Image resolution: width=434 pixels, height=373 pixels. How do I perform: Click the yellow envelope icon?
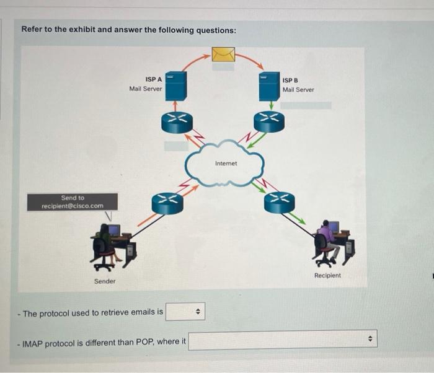coord(223,55)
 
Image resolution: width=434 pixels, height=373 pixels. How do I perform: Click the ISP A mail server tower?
coord(177,86)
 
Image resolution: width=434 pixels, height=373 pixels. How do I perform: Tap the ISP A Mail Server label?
coord(146,84)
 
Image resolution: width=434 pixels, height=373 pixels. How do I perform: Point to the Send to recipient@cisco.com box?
coord(73,201)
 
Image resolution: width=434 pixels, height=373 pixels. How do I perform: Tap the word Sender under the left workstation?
coord(105,281)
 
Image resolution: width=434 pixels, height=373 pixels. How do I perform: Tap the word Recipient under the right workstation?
coord(327,275)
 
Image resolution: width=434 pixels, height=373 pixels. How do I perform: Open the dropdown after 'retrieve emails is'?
coord(185,312)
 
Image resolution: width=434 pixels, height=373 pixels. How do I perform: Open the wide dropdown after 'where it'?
coord(282,340)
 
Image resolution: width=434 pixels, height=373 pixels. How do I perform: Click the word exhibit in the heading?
coord(77,30)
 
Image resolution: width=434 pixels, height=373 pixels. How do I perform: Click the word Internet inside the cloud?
coord(226,164)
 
